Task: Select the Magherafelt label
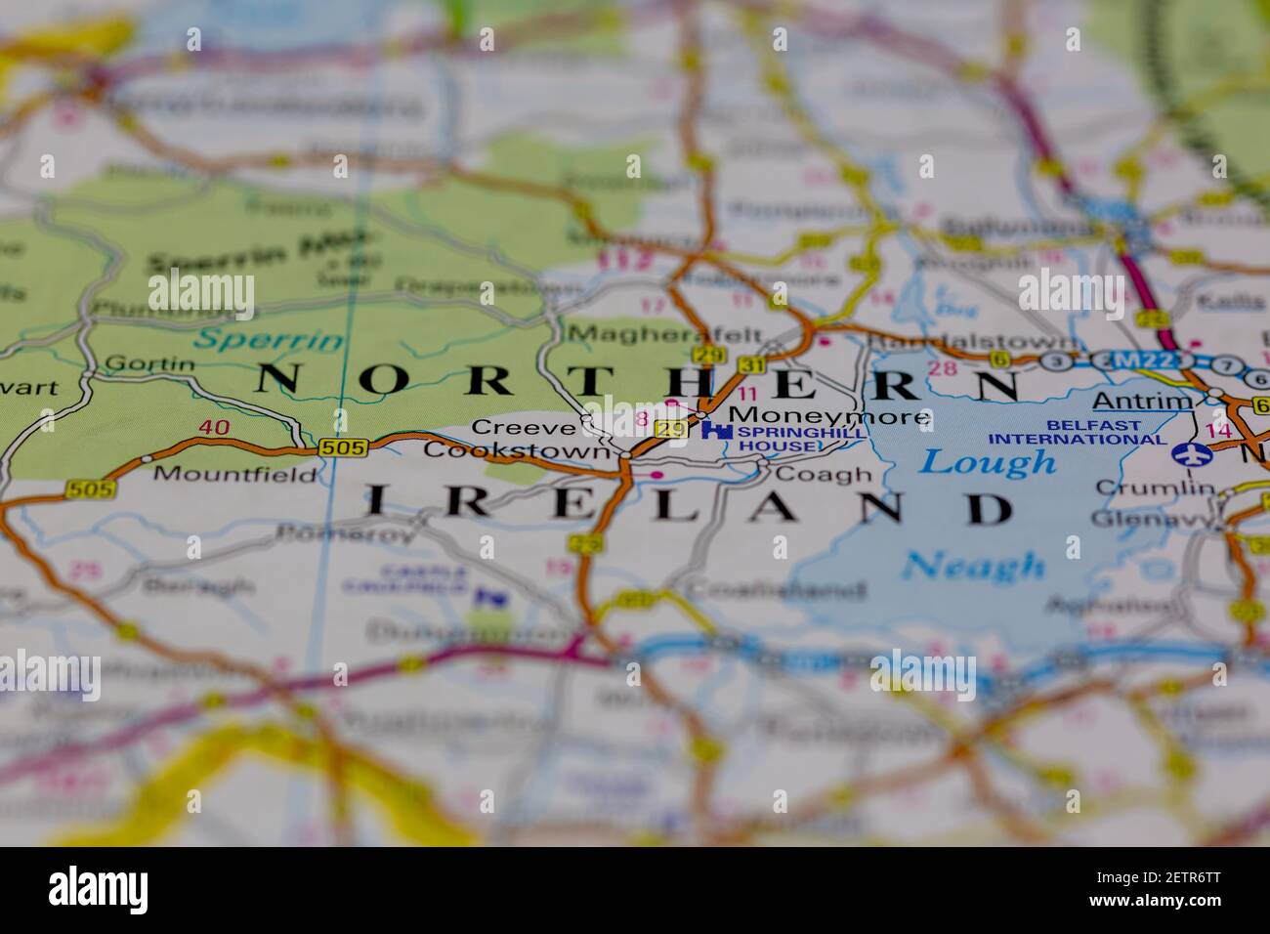(x=664, y=334)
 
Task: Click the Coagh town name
(x=822, y=474)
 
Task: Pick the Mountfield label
(x=235, y=475)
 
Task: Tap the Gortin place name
(x=148, y=363)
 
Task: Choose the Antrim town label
(x=1142, y=401)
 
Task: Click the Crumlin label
(x=1154, y=487)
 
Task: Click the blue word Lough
(x=988, y=461)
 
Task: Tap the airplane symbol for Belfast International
(x=1188, y=453)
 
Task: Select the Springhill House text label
(x=787, y=439)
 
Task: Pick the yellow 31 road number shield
(x=752, y=364)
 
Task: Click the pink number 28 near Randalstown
(x=943, y=368)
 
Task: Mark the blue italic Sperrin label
(x=269, y=340)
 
